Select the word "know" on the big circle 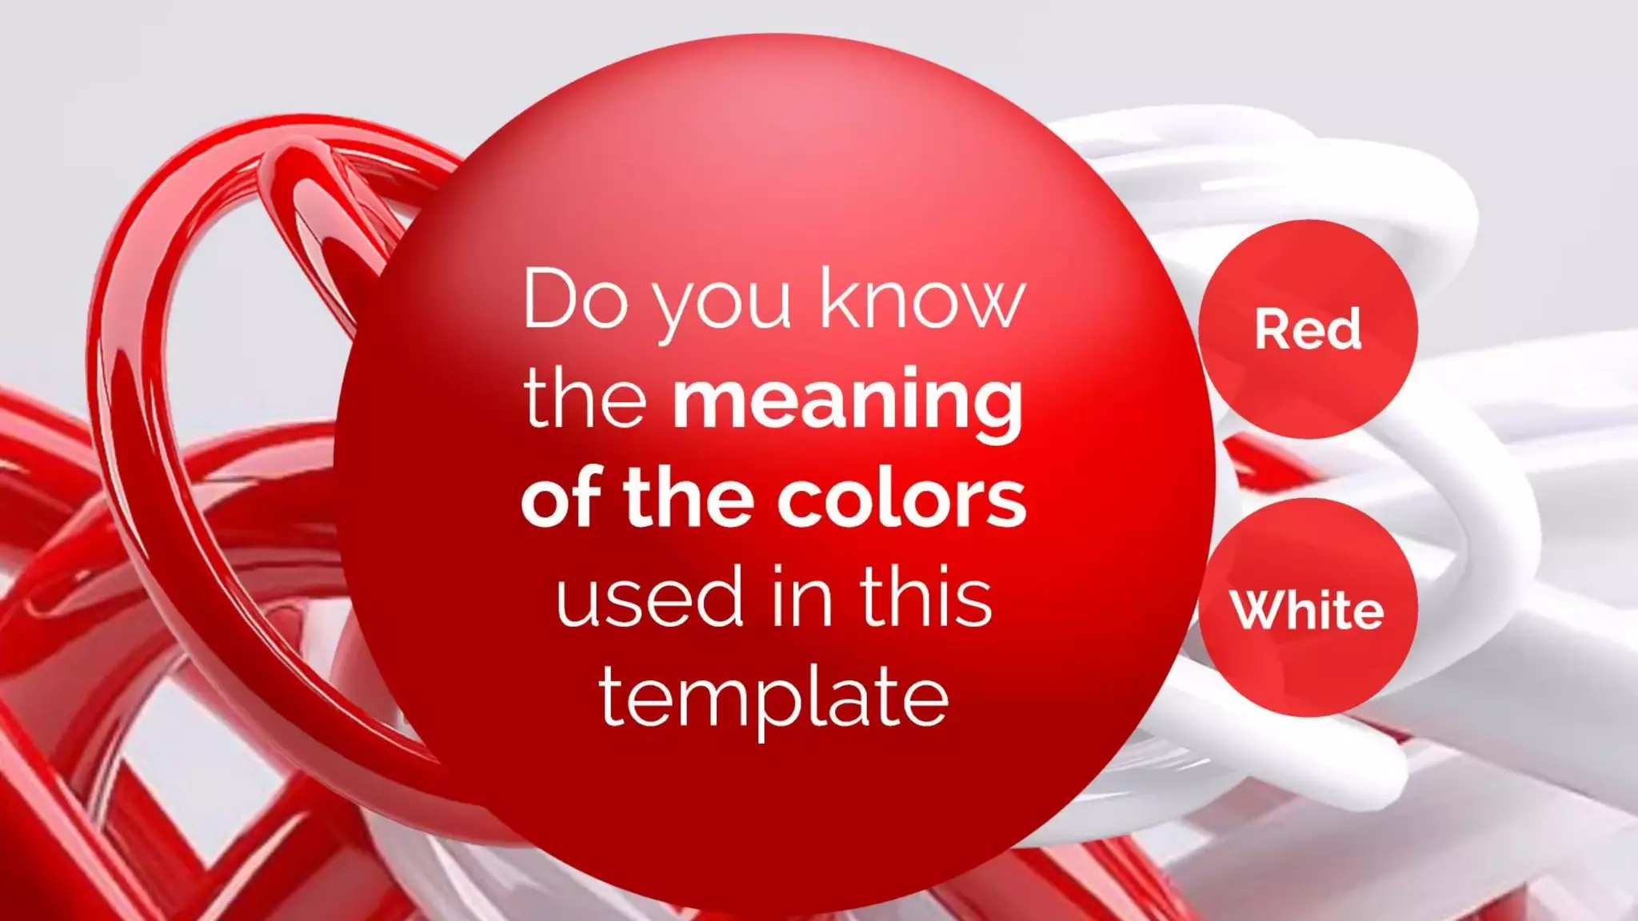(x=922, y=300)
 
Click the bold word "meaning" (x=848, y=402)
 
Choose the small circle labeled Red (x=1307, y=329)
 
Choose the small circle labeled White (x=1307, y=608)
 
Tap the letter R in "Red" (x=1271, y=329)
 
